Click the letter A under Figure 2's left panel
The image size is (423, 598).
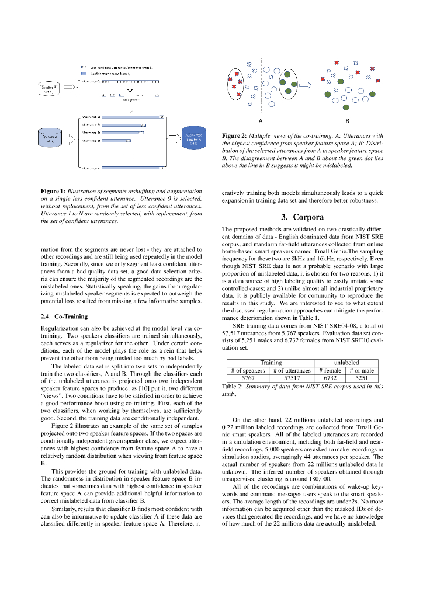click(x=260, y=121)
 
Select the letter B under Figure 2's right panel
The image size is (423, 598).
click(x=347, y=121)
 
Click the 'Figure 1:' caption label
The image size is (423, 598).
click(x=53, y=192)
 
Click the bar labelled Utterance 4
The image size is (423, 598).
click(x=123, y=141)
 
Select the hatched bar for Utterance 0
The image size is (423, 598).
click(x=129, y=82)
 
